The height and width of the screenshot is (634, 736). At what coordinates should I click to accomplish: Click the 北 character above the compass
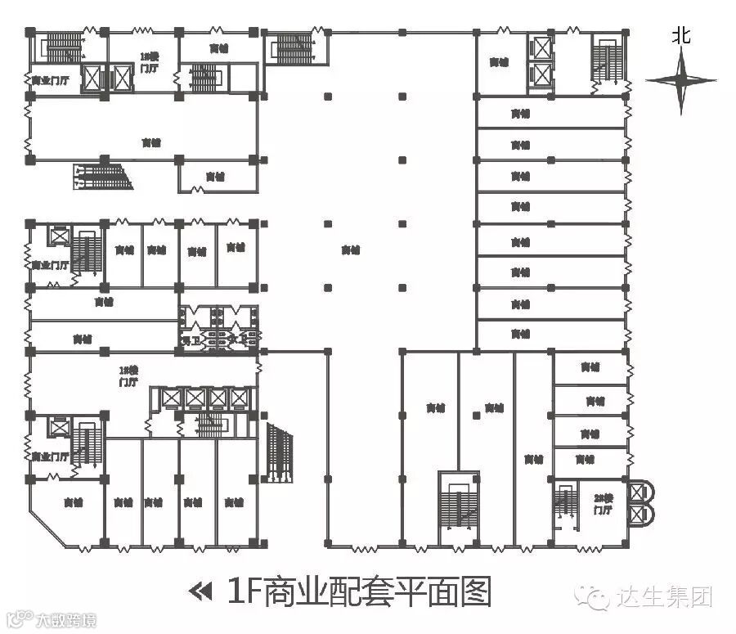pyautogui.click(x=681, y=35)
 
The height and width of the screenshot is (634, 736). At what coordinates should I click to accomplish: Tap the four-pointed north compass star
pyautogui.click(x=681, y=81)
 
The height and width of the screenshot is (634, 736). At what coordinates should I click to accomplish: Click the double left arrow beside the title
pyautogui.click(x=199, y=591)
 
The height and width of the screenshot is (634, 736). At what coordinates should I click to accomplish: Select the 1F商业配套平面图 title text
pyautogui.click(x=360, y=591)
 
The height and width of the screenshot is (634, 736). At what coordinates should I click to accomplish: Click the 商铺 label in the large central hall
pyautogui.click(x=351, y=250)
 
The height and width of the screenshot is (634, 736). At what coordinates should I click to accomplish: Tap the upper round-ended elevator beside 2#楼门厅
pyautogui.click(x=638, y=492)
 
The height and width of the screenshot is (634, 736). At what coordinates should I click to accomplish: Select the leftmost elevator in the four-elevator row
pyautogui.click(x=172, y=398)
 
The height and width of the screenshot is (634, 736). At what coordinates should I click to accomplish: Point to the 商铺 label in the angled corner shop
pyautogui.click(x=71, y=502)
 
